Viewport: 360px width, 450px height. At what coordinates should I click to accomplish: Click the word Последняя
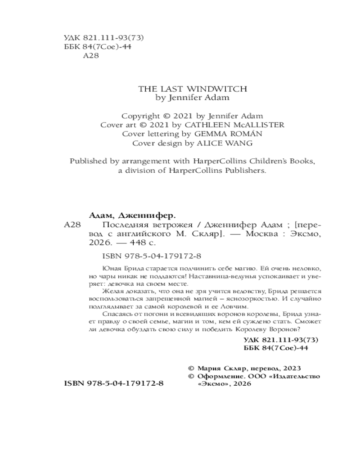click(x=126, y=224)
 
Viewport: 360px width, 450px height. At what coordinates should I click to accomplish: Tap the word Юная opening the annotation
click(x=110, y=267)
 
